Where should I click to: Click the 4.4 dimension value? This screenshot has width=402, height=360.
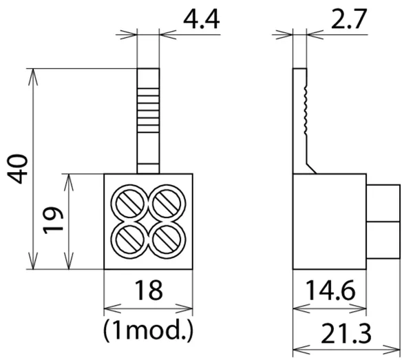pyautogui.click(x=202, y=20)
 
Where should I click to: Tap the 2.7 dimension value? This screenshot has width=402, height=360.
pyautogui.click(x=349, y=19)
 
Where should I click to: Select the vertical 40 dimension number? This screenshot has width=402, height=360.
pyautogui.click(x=17, y=169)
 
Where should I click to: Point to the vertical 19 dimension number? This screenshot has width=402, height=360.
pyautogui.click(x=53, y=220)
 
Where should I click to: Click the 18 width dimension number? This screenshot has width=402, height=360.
pyautogui.click(x=149, y=290)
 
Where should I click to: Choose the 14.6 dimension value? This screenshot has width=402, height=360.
pyautogui.click(x=330, y=290)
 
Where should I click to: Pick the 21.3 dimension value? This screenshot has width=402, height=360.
pyautogui.click(x=346, y=334)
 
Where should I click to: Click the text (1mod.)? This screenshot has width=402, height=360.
pyautogui.click(x=148, y=331)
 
